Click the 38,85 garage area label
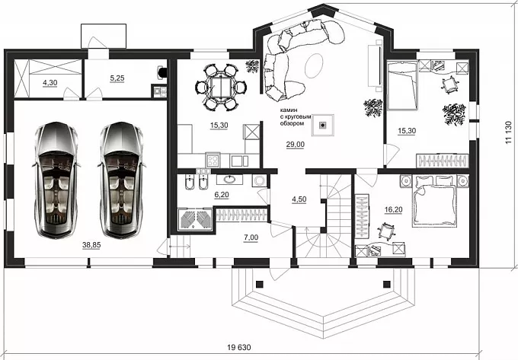point(91,245)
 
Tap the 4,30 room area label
point(50,82)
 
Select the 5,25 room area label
point(117,78)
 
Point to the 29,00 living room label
point(296,144)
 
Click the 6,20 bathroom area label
point(222,195)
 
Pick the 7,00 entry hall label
point(251,237)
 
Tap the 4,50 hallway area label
point(299,199)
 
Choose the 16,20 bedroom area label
point(394,209)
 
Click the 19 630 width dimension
point(239,347)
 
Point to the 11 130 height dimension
point(508,132)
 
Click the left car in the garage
point(56,180)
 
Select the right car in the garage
point(121,180)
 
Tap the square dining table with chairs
point(221,87)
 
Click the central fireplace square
point(323,125)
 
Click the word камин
point(289,110)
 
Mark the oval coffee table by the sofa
point(314,65)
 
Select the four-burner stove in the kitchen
point(213,160)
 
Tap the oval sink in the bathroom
point(229,180)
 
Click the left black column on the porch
point(260,284)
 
